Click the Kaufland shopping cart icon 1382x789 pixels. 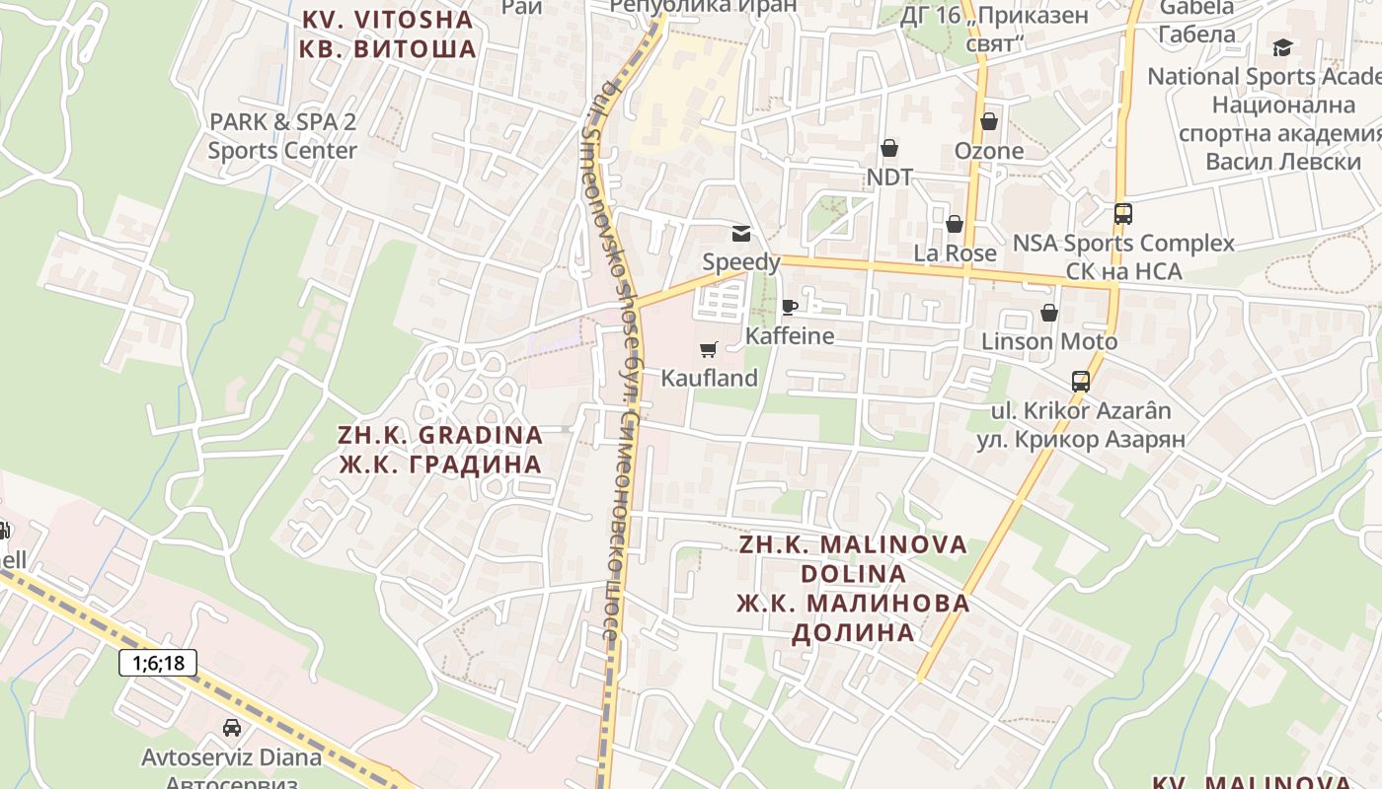(708, 349)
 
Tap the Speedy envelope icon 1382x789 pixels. (740, 234)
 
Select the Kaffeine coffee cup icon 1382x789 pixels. (789, 307)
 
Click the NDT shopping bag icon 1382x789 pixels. (889, 148)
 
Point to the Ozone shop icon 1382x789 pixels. (989, 121)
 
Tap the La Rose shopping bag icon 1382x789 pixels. (955, 224)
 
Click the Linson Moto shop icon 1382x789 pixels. (1049, 313)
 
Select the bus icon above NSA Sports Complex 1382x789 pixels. (1122, 213)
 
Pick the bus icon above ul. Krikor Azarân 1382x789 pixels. (1081, 381)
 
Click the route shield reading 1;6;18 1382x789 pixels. (158, 663)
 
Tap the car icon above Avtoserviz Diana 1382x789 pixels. (232, 728)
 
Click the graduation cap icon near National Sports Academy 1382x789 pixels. (1282, 47)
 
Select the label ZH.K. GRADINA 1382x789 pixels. (440, 435)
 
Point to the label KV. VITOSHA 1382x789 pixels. (388, 19)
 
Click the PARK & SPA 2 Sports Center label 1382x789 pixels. (282, 136)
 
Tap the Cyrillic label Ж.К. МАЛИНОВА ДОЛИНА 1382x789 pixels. (854, 617)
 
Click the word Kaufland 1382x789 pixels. (709, 378)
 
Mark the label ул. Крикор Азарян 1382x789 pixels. (1081, 439)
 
